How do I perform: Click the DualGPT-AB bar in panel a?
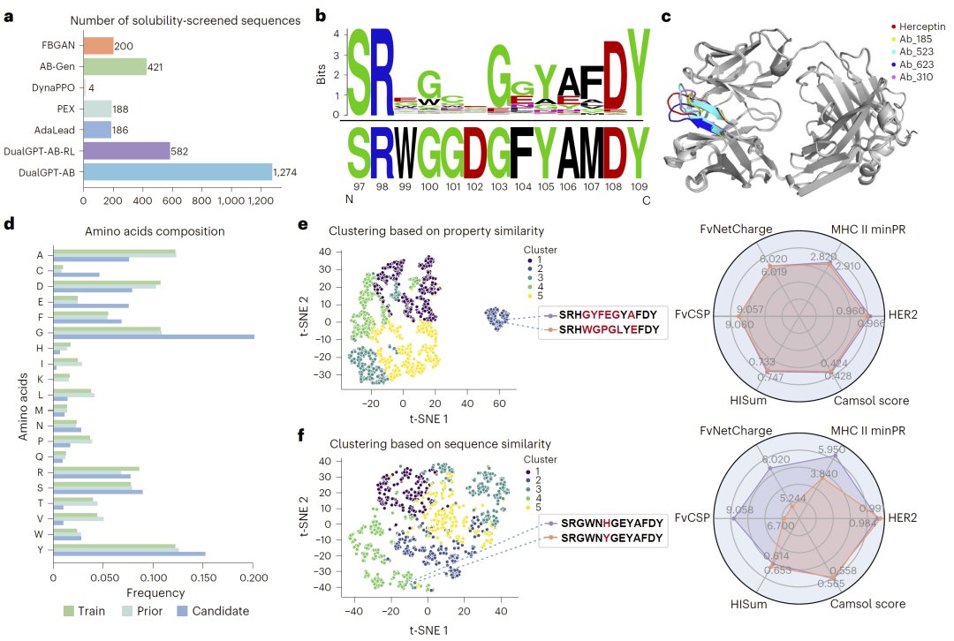point(178,171)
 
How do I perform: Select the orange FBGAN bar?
point(99,46)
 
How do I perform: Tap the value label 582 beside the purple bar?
point(182,150)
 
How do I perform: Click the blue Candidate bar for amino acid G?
point(154,336)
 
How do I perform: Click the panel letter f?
point(304,434)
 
